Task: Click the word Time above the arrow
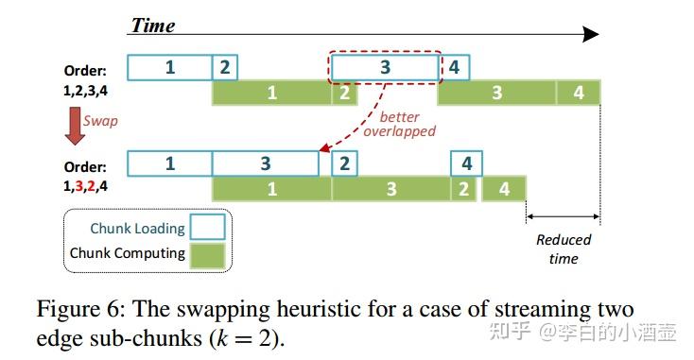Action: [153, 26]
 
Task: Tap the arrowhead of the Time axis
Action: [590, 35]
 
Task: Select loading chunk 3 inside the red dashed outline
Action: [385, 67]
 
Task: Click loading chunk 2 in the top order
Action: [224, 67]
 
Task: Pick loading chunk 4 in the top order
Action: [455, 67]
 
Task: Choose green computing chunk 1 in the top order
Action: [271, 93]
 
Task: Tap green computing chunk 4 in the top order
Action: [578, 93]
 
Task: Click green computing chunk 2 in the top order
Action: [343, 93]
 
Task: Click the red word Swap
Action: [101, 121]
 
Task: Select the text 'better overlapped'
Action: [399, 124]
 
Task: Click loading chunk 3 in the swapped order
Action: [266, 163]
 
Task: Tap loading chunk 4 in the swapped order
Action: [466, 163]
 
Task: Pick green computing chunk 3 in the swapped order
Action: [391, 189]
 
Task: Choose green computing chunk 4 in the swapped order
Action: [504, 189]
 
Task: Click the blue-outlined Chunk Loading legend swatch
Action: [206, 228]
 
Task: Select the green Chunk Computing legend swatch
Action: [206, 253]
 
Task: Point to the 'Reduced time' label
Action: [564, 249]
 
